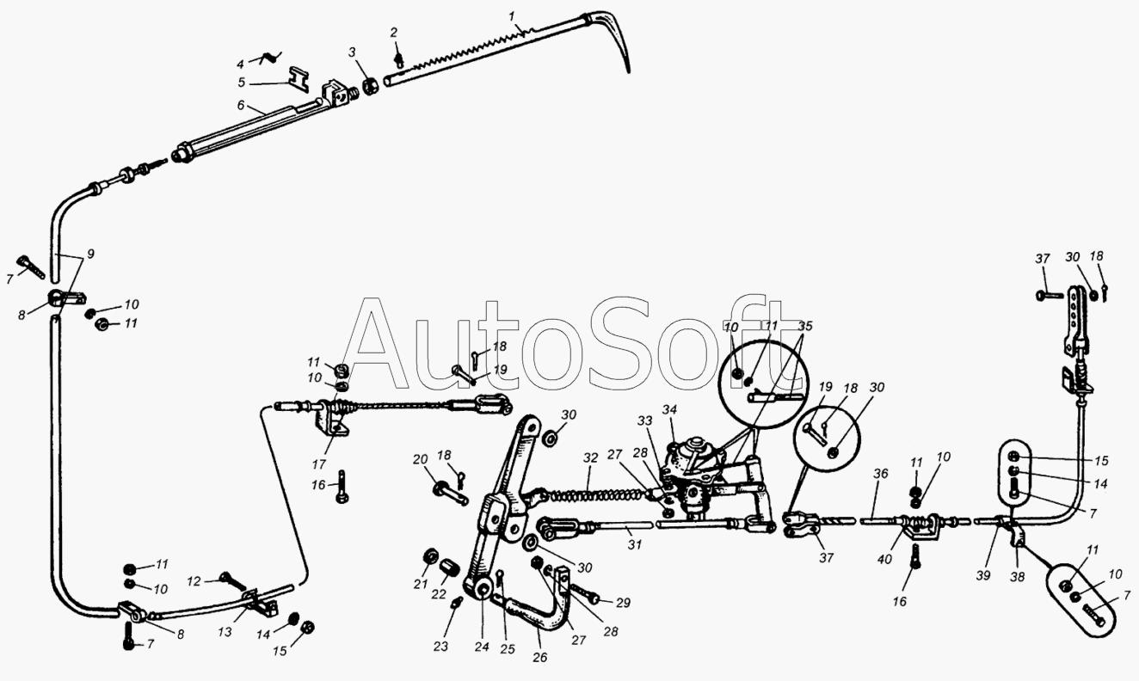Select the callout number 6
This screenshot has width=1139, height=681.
point(242,107)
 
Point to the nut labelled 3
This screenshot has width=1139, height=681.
point(370,87)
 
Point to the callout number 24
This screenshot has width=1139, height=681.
point(480,647)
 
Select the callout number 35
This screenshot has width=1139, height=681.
point(805,328)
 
